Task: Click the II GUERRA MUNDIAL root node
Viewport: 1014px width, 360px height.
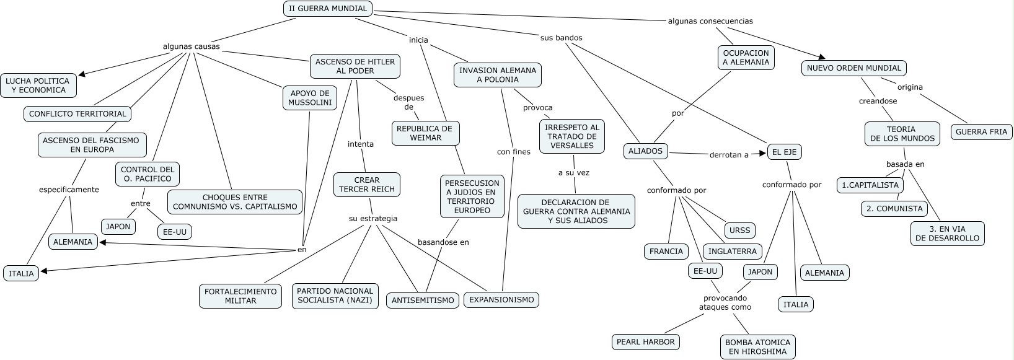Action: point(328,9)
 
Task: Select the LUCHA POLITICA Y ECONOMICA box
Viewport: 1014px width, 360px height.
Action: point(38,86)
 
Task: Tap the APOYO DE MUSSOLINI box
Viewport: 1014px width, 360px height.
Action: point(310,98)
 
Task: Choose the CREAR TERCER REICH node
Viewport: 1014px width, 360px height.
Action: point(367,185)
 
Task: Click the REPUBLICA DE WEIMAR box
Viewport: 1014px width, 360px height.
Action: point(425,133)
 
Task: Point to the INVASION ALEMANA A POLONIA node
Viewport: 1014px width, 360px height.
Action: point(498,75)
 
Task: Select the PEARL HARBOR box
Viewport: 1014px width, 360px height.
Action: point(645,341)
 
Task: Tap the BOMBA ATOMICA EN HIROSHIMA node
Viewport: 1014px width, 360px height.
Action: point(757,347)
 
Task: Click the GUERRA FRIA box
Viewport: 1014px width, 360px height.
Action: point(981,132)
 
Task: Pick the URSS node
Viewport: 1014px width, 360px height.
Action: point(739,230)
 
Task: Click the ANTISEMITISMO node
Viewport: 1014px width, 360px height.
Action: point(423,301)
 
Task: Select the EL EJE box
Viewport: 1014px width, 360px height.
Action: point(785,152)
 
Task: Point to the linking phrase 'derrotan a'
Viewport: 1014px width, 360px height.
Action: point(729,155)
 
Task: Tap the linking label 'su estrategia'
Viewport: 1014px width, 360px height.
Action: point(373,219)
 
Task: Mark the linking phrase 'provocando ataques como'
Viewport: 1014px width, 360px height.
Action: point(725,302)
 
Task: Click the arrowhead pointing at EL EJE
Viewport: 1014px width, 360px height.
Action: point(763,153)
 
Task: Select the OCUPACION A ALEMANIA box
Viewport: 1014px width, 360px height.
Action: point(746,58)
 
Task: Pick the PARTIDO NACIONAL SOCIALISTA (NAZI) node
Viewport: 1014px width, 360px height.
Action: point(335,296)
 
